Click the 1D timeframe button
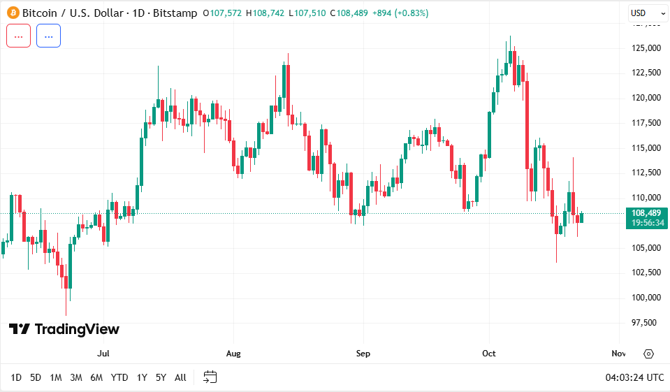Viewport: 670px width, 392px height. tap(16, 377)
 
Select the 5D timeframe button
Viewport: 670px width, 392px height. tap(36, 377)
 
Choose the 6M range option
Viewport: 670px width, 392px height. tap(96, 377)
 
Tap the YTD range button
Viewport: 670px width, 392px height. tap(119, 377)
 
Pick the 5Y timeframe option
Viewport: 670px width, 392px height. tap(161, 377)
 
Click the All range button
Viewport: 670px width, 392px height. tap(180, 377)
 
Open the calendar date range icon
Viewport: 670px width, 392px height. tap(210, 377)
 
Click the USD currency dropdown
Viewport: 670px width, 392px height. tap(643, 13)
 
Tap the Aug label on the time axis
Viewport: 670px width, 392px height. tap(233, 354)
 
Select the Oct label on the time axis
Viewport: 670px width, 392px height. tap(489, 354)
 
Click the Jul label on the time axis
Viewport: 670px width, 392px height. tap(104, 354)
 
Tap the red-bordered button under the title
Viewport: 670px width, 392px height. tap(18, 36)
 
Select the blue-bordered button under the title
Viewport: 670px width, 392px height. tap(48, 36)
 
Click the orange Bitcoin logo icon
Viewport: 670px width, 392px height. tap(13, 13)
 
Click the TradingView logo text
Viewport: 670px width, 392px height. tap(64, 329)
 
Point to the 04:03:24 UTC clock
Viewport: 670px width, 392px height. tap(634, 377)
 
